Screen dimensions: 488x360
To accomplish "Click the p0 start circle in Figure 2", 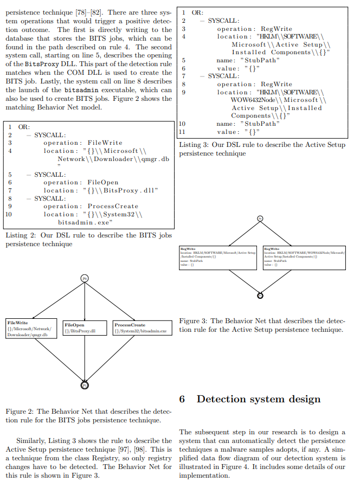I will [85, 278].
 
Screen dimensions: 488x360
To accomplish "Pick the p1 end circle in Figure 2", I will [85, 385].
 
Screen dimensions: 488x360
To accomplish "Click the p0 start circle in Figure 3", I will [260, 219].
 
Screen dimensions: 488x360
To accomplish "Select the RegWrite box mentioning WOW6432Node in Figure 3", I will [304, 258].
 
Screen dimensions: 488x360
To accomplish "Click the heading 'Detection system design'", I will [259, 400].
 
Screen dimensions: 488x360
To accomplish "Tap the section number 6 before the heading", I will [183, 400].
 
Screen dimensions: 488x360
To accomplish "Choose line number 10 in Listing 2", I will [9, 214].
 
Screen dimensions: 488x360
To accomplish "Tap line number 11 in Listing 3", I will [183, 132].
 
